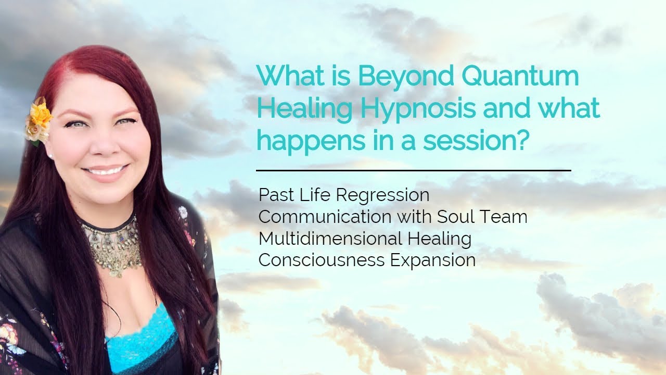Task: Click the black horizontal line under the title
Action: click(x=414, y=170)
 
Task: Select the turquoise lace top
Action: click(x=139, y=333)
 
